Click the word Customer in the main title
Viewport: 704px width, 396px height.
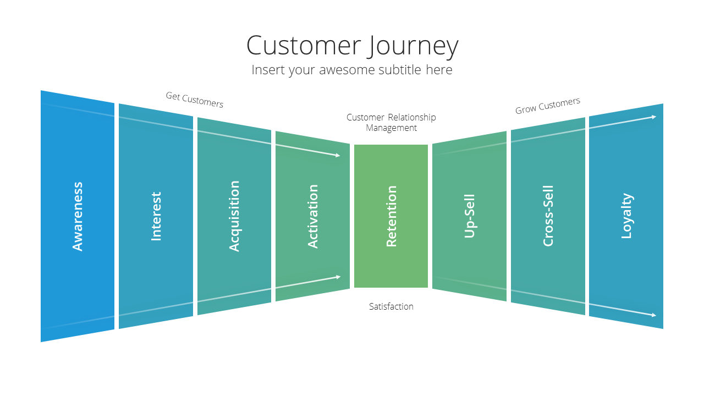[304, 46]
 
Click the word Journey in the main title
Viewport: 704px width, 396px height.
[414, 47]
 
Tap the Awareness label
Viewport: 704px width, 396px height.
[78, 216]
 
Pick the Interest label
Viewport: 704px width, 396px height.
[156, 216]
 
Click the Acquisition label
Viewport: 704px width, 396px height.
[234, 216]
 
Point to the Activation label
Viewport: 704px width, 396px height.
[312, 216]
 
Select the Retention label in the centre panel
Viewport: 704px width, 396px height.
[391, 216]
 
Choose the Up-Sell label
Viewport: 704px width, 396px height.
[470, 216]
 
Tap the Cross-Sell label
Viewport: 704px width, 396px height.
[548, 216]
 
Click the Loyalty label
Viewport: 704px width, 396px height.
[626, 216]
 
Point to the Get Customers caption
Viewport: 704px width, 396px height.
[195, 100]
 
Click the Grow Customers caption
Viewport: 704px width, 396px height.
[547, 106]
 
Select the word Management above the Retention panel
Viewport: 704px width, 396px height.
[391, 128]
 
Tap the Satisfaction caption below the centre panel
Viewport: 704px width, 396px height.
[391, 306]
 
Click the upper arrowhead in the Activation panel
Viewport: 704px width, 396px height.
[338, 155]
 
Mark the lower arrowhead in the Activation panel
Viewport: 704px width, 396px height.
[338, 277]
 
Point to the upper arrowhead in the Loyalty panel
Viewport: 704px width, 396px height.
[654, 117]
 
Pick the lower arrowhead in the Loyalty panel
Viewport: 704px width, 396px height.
[654, 315]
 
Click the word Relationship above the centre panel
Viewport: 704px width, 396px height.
[412, 118]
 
